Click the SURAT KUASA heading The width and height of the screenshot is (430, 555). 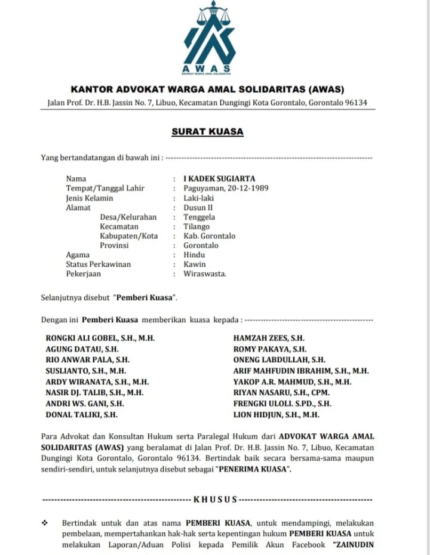point(208,132)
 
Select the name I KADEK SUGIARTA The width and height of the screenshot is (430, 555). point(219,178)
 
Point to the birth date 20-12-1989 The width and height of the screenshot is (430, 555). point(248,188)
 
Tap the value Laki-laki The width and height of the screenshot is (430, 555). point(199,198)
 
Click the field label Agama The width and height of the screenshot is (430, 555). point(77,255)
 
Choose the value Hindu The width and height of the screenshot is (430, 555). point(194,255)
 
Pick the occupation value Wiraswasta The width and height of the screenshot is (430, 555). point(205,274)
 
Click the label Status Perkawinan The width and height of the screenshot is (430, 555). point(98,264)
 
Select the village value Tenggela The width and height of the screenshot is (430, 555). point(199,217)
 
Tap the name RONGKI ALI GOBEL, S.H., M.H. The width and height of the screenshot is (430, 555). point(100,338)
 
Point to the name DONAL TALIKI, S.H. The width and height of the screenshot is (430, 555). point(81,414)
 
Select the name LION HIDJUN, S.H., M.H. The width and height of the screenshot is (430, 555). point(276,414)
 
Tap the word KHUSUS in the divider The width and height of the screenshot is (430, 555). point(215,499)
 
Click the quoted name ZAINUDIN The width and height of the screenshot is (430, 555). point(354,545)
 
